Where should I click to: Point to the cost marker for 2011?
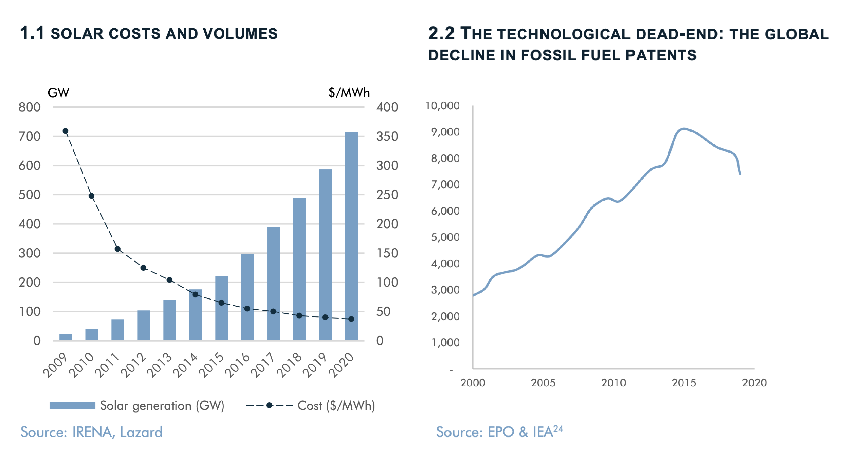click(117, 249)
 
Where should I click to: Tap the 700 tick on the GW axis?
click(29, 136)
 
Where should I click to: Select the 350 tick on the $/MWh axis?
click(387, 136)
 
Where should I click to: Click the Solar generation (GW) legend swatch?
click(72, 406)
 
